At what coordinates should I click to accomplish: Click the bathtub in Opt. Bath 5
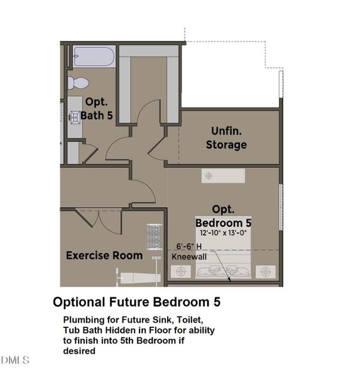click(94, 57)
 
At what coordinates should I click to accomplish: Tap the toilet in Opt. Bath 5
click(78, 82)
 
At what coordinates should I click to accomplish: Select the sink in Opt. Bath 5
click(75, 116)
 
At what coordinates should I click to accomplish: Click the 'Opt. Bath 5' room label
click(96, 109)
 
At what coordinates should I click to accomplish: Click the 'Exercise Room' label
click(104, 256)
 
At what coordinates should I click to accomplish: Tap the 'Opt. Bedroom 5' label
click(223, 216)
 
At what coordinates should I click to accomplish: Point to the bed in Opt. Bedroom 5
click(223, 264)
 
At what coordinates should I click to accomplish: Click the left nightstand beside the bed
click(182, 271)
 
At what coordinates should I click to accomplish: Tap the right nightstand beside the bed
click(265, 271)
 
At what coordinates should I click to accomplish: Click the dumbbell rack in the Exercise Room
click(155, 237)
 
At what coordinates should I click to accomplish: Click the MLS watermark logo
click(16, 360)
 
